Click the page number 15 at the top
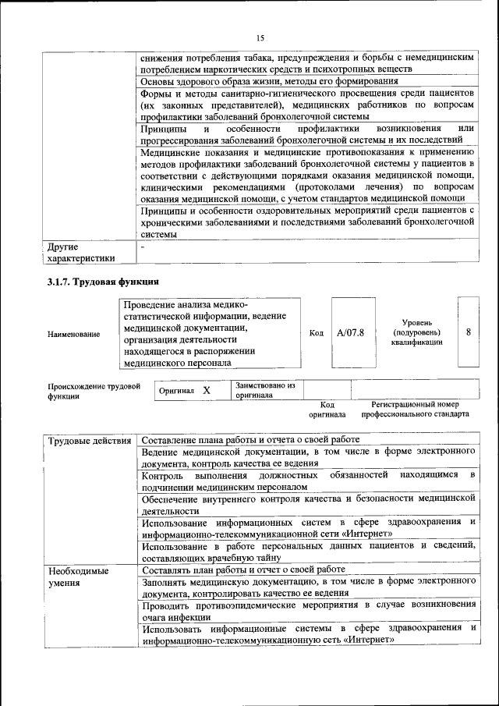pos(260,38)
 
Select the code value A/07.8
pos(350,332)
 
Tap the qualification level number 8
pos(468,332)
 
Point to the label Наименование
pos(74,334)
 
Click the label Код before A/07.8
pos(317,333)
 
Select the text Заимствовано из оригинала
pos(266,390)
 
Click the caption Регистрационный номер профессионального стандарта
pos(420,410)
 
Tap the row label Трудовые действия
pos(90,441)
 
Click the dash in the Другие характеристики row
pos(143,247)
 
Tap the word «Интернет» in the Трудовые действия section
pos(363,534)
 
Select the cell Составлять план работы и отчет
pos(243,569)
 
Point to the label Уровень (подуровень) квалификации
pos(417,332)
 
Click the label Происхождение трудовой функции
pos(94,391)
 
